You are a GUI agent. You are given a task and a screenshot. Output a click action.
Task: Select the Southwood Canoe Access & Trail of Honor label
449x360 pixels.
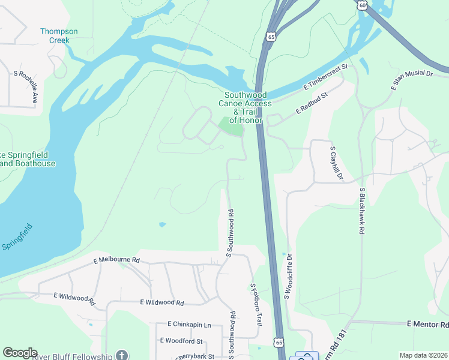click(245, 107)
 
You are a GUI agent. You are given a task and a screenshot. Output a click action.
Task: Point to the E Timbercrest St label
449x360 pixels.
click(325, 79)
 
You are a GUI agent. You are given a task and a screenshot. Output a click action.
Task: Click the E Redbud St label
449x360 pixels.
click(312, 103)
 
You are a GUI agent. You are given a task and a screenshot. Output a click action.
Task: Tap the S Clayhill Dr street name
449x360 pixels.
click(336, 163)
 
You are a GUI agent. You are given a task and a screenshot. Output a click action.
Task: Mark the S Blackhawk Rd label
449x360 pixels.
click(362, 211)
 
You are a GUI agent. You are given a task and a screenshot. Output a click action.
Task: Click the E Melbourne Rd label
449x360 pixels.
click(116, 260)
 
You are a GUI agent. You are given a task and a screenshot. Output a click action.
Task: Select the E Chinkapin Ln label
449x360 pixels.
click(190, 324)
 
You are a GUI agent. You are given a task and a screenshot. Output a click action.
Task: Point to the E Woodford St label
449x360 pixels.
click(182, 340)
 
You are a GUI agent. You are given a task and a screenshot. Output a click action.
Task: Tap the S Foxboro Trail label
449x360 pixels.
click(256, 305)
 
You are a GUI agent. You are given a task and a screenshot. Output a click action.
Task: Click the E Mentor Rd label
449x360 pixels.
click(427, 324)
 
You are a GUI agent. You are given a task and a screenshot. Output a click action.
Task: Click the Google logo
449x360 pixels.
click(20, 353)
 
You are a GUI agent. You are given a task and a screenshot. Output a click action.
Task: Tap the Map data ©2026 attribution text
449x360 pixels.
click(423, 355)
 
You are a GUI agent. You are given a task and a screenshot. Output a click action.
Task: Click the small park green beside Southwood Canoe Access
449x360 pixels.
click(231, 126)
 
